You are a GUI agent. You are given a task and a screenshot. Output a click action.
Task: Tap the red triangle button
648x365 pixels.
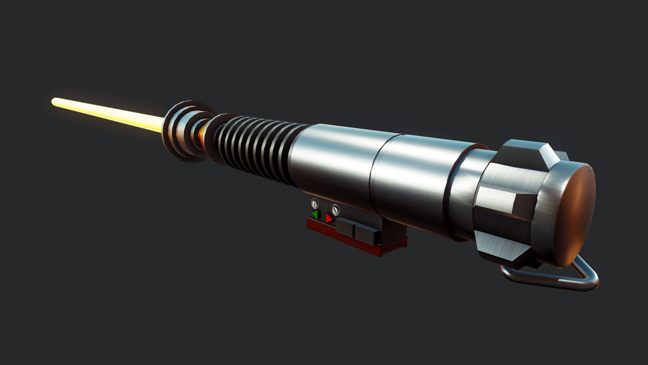(329, 219)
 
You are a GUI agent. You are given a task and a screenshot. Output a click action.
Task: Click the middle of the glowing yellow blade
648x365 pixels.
(108, 115)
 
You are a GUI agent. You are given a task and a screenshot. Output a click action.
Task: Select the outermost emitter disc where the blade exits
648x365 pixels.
(172, 130)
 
